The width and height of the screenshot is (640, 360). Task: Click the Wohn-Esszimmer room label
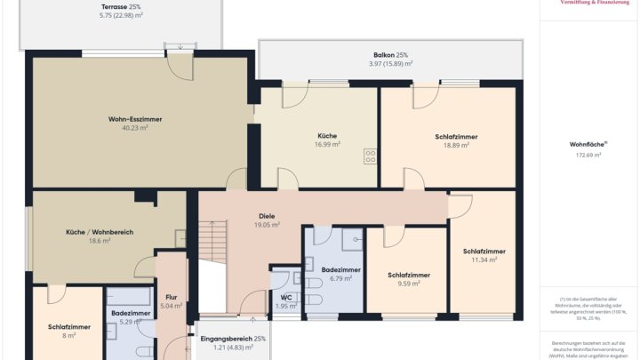pyautogui.click(x=135, y=118)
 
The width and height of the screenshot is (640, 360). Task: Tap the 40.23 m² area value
pyautogui.click(x=135, y=128)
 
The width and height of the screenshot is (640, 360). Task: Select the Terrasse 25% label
pyautogui.click(x=120, y=6)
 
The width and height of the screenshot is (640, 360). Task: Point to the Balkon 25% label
pyautogui.click(x=390, y=54)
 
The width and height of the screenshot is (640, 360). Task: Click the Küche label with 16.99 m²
pyautogui.click(x=327, y=136)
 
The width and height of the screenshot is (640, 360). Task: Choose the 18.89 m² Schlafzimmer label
pyautogui.click(x=456, y=137)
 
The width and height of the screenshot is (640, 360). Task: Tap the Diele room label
pyautogui.click(x=267, y=215)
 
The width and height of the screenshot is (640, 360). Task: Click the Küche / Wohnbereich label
pyautogui.click(x=100, y=231)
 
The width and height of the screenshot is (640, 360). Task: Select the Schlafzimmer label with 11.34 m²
pyautogui.click(x=484, y=251)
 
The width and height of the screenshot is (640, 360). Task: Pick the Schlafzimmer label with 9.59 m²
pyautogui.click(x=409, y=275)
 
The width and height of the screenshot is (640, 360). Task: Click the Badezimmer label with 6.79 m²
pyautogui.click(x=340, y=268)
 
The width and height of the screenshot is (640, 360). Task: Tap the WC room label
pyautogui.click(x=286, y=297)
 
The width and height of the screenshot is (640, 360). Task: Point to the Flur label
pyautogui.click(x=172, y=297)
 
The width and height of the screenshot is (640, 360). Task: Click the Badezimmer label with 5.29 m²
pyautogui.click(x=131, y=313)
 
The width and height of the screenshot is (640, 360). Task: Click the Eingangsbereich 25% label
pyautogui.click(x=233, y=339)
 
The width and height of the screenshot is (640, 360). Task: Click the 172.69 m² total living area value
pyautogui.click(x=588, y=155)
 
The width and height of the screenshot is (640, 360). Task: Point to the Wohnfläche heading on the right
pyautogui.click(x=588, y=143)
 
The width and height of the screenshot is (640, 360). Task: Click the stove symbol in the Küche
pyautogui.click(x=370, y=156)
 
